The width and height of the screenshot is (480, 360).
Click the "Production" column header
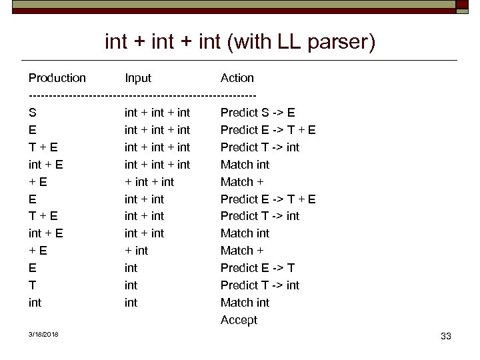57,78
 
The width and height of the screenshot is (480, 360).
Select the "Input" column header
138,78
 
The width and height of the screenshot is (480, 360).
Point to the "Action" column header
237,78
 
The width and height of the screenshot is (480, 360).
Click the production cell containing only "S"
33,113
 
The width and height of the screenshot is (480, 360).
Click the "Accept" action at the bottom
239,320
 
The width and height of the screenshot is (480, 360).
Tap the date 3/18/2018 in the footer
43,334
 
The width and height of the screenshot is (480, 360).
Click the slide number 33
446,336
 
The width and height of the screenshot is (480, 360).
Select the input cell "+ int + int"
149,182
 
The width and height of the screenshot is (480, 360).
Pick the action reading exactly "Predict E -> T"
257,268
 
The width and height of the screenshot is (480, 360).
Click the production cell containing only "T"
33,285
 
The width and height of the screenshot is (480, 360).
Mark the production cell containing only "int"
35,303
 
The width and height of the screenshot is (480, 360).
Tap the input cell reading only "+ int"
137,251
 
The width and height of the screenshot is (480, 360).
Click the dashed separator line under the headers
142,95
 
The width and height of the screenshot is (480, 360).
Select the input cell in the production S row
157,113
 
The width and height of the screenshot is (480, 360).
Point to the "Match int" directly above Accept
245,303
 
